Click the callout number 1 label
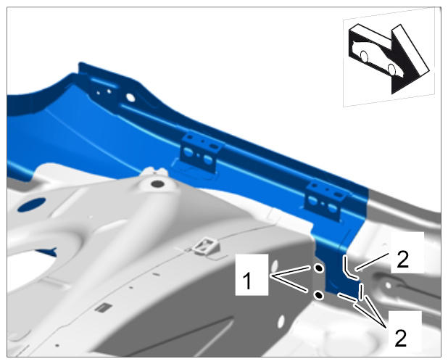(247, 281)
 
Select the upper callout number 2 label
(403, 260)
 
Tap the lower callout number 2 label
(401, 339)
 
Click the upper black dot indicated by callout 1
(318, 268)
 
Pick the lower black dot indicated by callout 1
(318, 295)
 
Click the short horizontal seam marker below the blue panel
(347, 297)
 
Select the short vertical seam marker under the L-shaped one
(362, 291)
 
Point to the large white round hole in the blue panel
(130, 97)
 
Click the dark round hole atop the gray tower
(157, 183)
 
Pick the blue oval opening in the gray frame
(31, 204)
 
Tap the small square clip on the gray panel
(206, 246)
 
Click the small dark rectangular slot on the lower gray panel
(103, 307)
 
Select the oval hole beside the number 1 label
(275, 266)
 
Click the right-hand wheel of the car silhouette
(392, 69)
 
